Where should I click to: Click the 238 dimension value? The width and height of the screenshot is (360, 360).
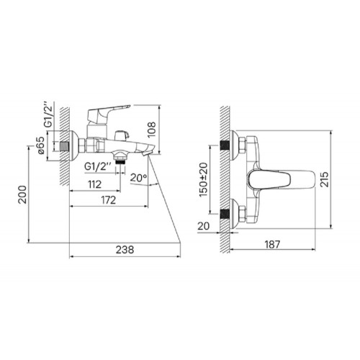tap(125, 250)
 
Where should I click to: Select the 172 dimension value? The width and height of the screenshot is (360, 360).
tap(109, 200)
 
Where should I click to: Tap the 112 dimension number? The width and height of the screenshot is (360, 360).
tap(94, 184)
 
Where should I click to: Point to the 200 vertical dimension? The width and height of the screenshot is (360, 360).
tap(23, 194)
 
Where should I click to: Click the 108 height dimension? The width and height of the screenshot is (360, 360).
tap(151, 130)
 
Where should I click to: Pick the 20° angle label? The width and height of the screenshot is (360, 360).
tap(138, 178)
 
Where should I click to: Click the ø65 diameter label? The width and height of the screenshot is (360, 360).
tap(40, 145)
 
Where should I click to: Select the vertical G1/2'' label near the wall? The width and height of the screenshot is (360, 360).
tap(48, 115)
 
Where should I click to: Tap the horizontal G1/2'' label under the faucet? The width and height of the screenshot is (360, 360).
tap(98, 166)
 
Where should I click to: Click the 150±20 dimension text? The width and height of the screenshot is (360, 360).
tap(203, 179)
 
